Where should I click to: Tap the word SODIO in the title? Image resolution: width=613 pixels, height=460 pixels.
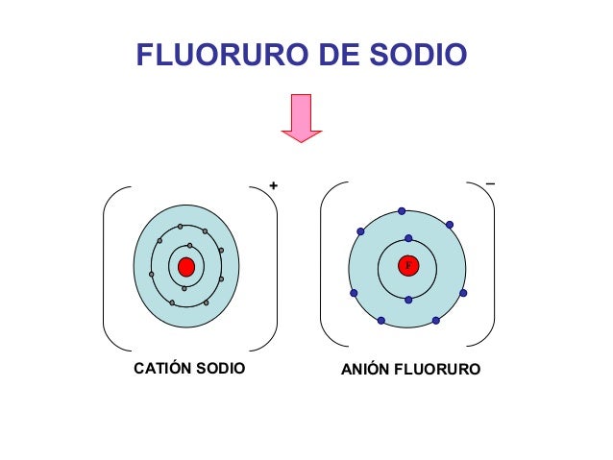(421, 56)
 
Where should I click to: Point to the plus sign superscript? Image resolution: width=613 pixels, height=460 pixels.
(274, 184)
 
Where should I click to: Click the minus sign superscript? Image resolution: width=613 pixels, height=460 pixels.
(491, 182)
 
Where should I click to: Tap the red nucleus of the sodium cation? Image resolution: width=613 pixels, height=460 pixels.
(186, 266)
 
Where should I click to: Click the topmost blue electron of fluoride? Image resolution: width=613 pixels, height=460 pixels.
(402, 210)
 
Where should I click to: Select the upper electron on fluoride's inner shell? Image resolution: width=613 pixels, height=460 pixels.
(407, 238)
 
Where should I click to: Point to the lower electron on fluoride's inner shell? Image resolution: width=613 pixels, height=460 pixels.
(408, 301)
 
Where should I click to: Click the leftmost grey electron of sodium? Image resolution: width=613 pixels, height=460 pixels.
(152, 274)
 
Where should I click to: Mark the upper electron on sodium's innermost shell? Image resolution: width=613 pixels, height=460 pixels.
(190, 246)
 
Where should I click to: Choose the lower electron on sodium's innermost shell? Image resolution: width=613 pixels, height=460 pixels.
(184, 288)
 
